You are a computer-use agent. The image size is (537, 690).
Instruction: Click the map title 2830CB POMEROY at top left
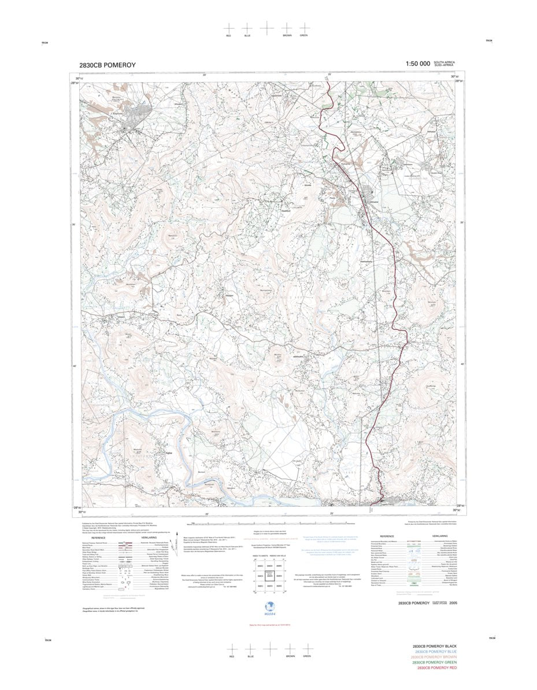click(108, 65)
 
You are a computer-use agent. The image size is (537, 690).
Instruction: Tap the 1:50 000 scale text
click(417, 64)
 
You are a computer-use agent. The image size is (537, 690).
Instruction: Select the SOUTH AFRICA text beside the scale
click(445, 62)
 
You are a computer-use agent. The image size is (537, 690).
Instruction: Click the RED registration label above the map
click(229, 36)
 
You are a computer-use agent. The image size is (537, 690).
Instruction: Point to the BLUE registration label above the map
click(247, 36)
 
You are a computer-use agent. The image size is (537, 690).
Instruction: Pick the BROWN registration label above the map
click(287, 36)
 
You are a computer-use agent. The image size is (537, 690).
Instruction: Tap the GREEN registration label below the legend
click(307, 656)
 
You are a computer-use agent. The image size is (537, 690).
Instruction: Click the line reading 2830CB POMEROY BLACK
click(435, 646)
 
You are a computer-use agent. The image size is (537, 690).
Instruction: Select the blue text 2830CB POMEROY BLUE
click(435, 651)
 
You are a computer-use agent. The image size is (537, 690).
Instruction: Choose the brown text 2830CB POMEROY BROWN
click(435, 657)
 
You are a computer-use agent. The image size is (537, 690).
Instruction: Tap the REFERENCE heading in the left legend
click(98, 537)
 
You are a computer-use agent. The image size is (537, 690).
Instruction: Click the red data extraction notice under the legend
click(268, 625)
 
